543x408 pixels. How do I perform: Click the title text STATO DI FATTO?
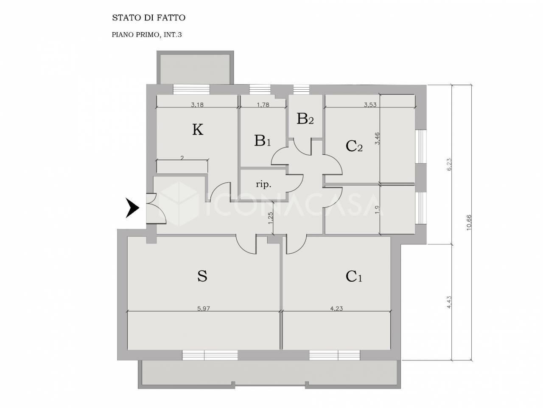click(x=148, y=18)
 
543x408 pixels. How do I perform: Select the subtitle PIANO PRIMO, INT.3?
click(x=147, y=35)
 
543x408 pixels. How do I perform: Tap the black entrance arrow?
click(x=132, y=208)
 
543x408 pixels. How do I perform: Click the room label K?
click(x=198, y=130)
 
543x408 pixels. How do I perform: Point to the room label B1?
click(x=263, y=140)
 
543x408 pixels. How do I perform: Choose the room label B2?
click(x=305, y=119)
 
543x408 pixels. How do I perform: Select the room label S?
click(x=202, y=276)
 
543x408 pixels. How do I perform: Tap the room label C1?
click(x=354, y=276)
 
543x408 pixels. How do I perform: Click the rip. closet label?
click(x=263, y=184)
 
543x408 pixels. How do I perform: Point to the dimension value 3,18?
click(x=197, y=105)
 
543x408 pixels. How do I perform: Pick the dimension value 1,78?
click(x=263, y=105)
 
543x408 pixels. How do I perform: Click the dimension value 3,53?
click(x=370, y=105)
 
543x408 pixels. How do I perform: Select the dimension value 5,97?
click(x=204, y=309)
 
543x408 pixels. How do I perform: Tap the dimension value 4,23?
click(x=336, y=309)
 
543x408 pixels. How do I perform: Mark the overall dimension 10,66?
click(x=469, y=223)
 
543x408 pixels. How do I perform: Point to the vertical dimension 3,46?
click(x=377, y=139)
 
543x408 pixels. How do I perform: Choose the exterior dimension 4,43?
click(x=449, y=302)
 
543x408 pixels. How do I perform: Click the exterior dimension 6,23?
click(x=449, y=164)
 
